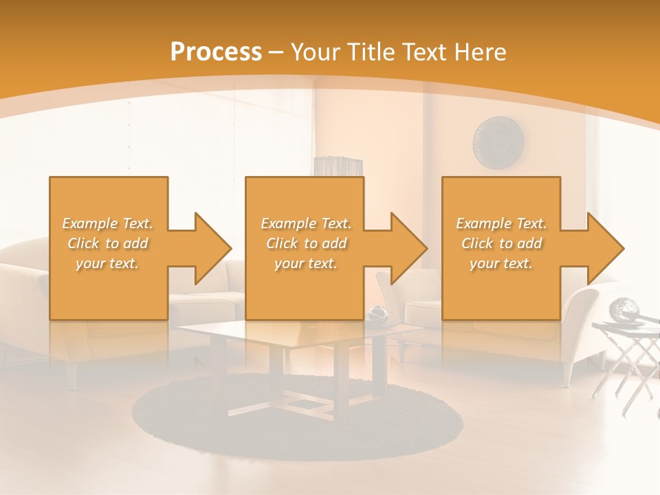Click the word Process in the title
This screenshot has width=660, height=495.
[x=216, y=52]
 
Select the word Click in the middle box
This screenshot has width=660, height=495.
[x=281, y=243]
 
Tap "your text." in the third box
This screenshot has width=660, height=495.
[x=500, y=263]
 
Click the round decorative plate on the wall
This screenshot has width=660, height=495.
[x=498, y=142]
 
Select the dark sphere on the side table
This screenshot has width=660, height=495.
[x=624, y=309]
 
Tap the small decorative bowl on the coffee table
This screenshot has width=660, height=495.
[x=377, y=314]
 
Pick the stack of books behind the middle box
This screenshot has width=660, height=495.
[x=338, y=166]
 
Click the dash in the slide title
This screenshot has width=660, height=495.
[x=276, y=52]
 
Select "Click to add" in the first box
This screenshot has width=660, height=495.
[x=108, y=243]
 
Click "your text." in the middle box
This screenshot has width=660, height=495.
[x=305, y=263]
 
